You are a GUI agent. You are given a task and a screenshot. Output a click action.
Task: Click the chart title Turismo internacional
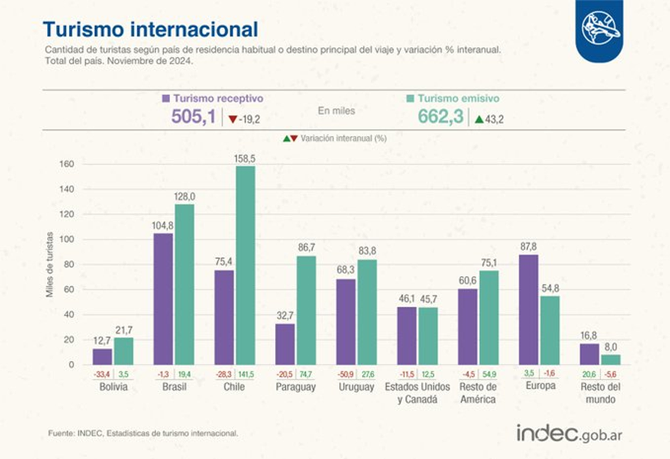point(151,29)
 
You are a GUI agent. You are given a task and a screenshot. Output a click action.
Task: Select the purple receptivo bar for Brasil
point(163,299)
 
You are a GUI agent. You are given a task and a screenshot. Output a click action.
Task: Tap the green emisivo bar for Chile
point(245,265)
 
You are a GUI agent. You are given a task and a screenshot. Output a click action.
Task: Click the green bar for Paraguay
point(307,310)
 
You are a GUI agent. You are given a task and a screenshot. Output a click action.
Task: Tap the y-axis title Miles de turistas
point(50,265)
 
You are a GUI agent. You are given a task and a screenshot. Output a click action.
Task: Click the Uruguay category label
point(356,387)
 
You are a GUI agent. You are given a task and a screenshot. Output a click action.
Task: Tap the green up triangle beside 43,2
point(479,119)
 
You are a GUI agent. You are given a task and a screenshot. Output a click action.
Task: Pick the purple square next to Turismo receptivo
point(166,99)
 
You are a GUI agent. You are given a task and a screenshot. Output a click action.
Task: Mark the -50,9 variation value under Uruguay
point(346,374)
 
